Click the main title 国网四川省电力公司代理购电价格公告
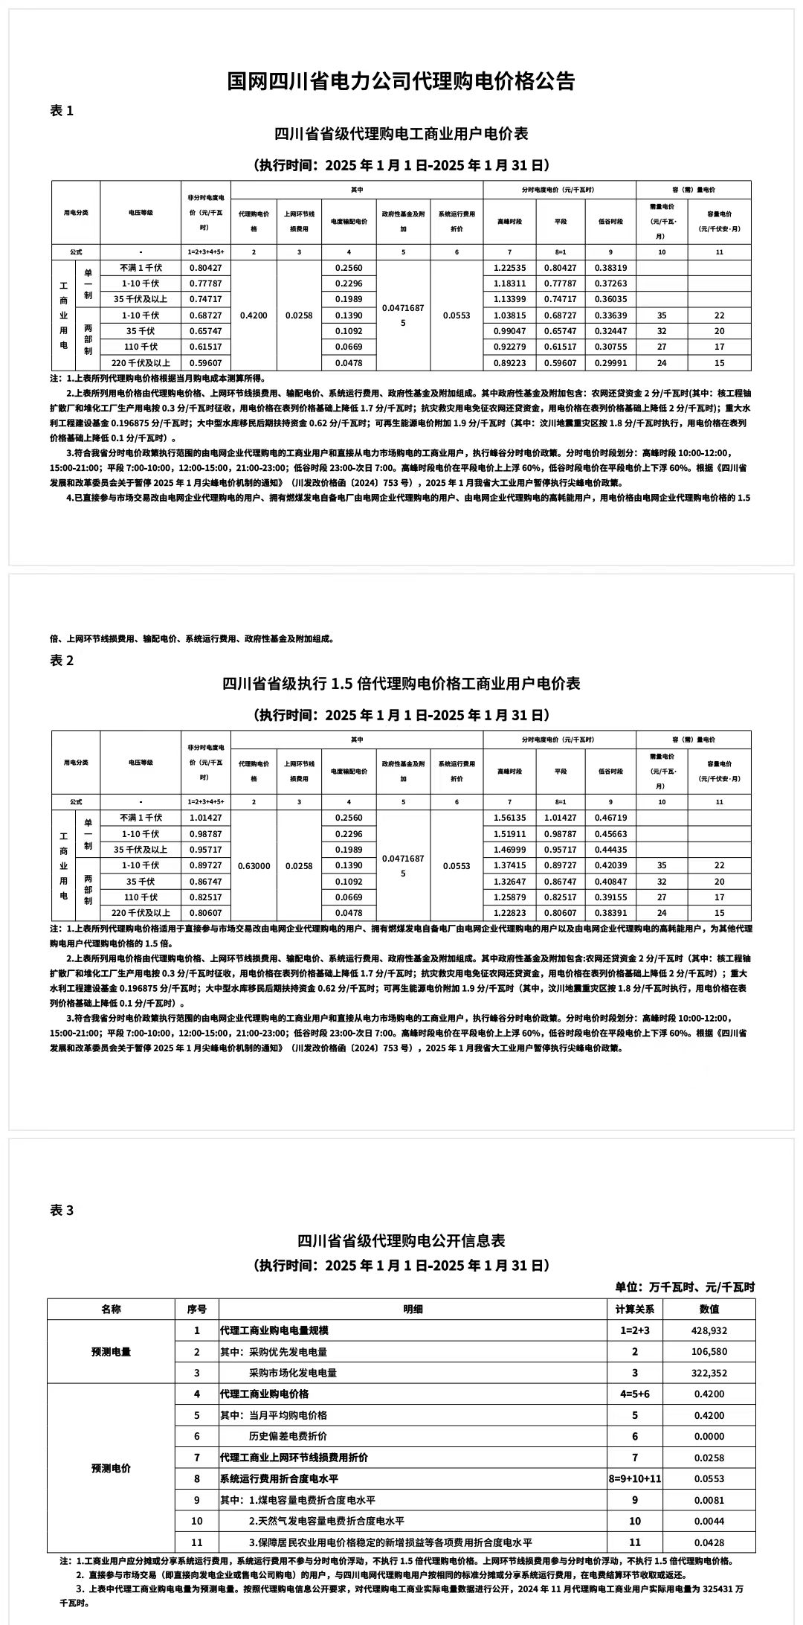pos(401,81)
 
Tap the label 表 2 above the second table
pos(62,661)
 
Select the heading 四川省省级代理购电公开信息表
pos(401,1240)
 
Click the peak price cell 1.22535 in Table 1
pos(509,268)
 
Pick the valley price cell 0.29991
pos(610,363)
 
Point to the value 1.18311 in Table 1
pos(509,283)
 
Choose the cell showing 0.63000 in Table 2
pos(254,865)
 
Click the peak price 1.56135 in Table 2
pos(509,818)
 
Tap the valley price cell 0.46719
pos(610,818)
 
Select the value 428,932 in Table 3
pos(709,1330)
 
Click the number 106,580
pos(709,1351)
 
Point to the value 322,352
pos(709,1373)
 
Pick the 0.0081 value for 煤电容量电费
pos(709,1500)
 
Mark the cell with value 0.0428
pos(709,1542)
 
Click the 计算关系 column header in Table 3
pos(635,1309)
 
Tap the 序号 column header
pos(197,1309)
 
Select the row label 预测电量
pos(111,1351)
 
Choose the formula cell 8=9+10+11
pos(635,1478)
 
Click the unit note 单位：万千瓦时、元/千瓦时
pos(685,1286)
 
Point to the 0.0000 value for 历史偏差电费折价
pos(709,1436)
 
